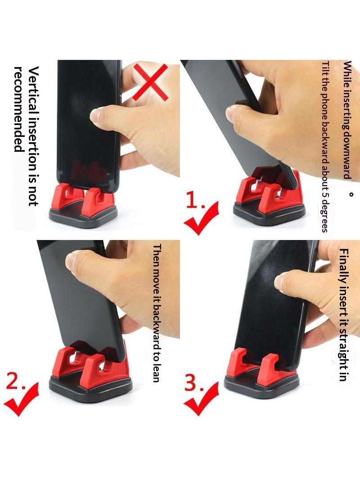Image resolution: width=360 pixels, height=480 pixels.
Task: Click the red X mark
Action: click(x=150, y=82)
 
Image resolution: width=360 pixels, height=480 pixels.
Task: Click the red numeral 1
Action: click(x=193, y=201)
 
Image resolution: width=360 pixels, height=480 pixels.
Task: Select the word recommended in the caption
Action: click(x=19, y=109)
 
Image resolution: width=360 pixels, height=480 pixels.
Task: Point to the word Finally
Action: click(x=344, y=266)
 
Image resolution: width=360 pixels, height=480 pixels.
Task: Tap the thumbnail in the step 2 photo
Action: click(x=71, y=263)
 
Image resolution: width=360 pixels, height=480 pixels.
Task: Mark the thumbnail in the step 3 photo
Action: click(x=280, y=281)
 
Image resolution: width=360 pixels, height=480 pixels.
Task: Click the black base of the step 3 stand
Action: click(x=261, y=384)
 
